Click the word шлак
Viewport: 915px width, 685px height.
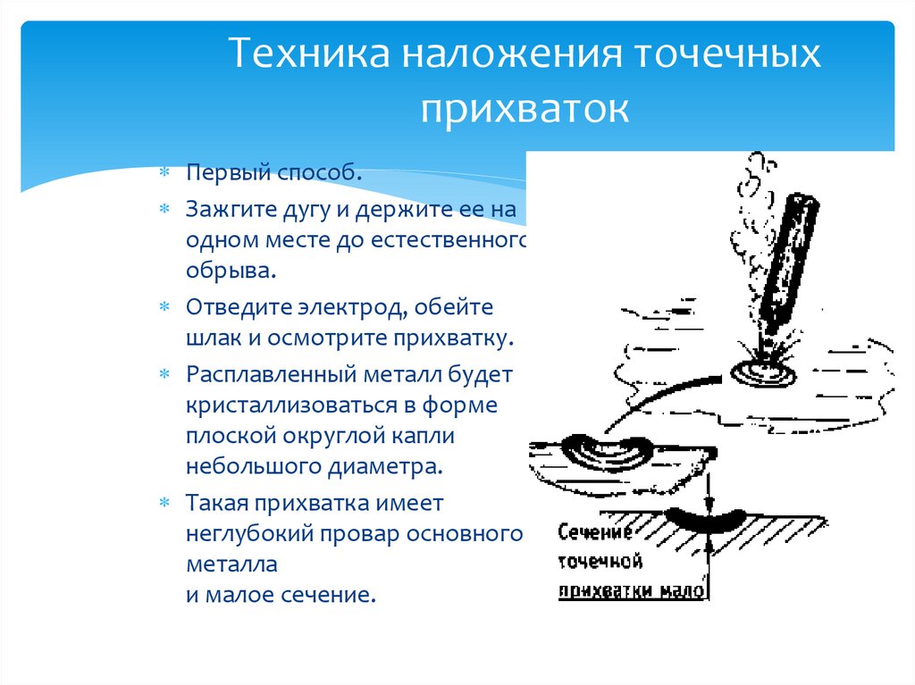[211, 338]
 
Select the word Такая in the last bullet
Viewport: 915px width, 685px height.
[216, 502]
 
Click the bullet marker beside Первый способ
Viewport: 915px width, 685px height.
[164, 171]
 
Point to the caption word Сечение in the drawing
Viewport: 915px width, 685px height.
[595, 533]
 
